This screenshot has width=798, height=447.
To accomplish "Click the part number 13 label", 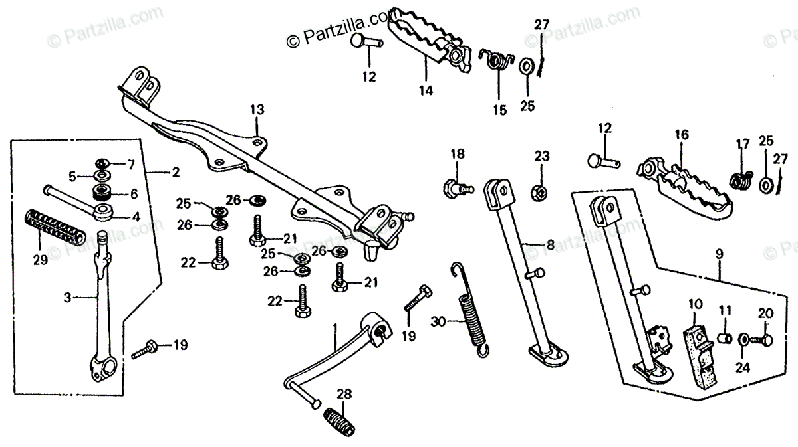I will [x=257, y=109].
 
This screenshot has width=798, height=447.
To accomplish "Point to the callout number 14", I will [x=426, y=90].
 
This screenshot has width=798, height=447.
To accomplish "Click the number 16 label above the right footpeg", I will [x=681, y=135].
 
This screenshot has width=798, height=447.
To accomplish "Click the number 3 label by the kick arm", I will [x=67, y=298].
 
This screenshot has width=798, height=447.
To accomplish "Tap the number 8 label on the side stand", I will [x=549, y=244].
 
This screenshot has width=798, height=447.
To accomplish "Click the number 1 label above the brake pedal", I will [x=335, y=327].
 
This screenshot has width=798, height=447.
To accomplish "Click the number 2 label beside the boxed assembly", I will [x=175, y=173].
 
